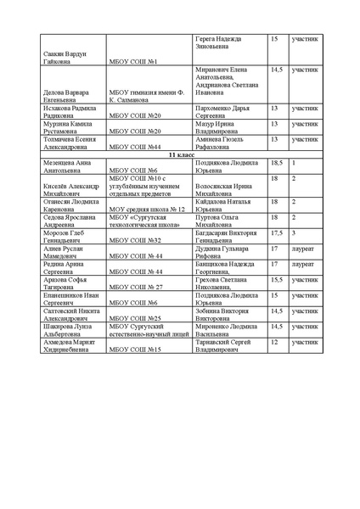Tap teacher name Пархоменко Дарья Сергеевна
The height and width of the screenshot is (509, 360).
[224, 112]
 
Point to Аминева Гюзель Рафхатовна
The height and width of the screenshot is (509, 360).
[221, 143]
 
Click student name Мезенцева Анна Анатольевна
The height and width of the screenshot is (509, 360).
[67, 166]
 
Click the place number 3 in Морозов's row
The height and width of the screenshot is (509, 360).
[294, 232]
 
